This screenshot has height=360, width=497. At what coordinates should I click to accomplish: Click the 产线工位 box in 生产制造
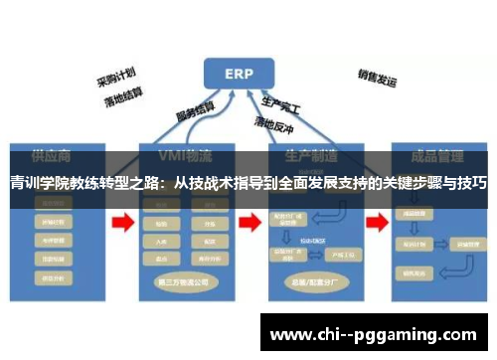323,257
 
